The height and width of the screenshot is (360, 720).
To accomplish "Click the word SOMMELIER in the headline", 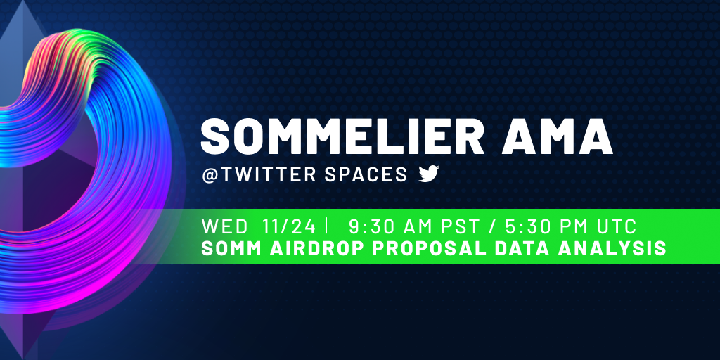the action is pos(342,137).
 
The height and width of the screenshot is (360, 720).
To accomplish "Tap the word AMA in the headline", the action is pos(557,137).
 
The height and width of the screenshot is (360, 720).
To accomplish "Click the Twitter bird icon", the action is pos(429,174).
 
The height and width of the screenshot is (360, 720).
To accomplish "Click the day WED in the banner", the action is pos(224,227).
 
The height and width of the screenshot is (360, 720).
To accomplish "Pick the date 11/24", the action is pos(289,227).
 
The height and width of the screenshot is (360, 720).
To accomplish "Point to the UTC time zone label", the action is pos(616,227).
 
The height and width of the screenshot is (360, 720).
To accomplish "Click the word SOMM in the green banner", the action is pos(231,248).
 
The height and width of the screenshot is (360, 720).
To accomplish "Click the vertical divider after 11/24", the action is pos(326,227).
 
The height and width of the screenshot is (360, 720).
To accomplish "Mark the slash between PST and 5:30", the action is pos(490,227).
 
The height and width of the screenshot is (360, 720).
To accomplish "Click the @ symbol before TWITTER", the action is pos(209,175).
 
